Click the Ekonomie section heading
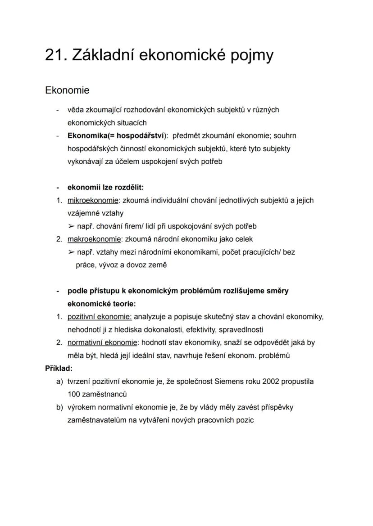click(67, 90)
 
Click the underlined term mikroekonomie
click(92, 200)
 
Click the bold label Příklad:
click(59, 369)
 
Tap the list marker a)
click(59, 382)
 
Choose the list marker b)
click(59, 407)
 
